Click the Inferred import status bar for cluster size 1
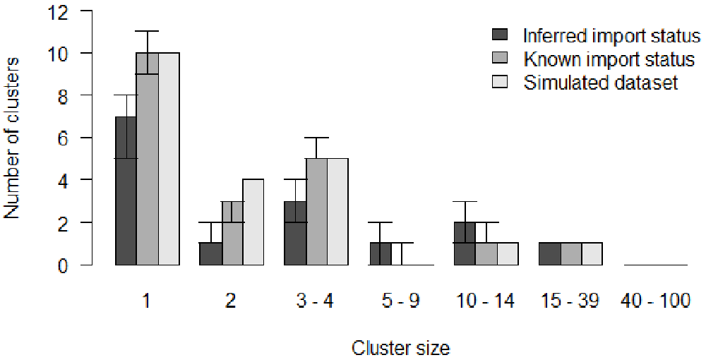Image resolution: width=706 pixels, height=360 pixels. [x=125, y=191]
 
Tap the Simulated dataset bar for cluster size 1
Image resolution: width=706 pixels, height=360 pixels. [x=169, y=159]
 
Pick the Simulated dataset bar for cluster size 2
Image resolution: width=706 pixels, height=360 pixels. [x=253, y=222]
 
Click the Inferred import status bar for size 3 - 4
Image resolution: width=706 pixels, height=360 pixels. [x=295, y=233]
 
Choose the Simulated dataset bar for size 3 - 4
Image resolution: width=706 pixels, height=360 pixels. [x=337, y=212]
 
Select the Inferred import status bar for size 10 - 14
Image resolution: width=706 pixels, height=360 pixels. [x=465, y=244]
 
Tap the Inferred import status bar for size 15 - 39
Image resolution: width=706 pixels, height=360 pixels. [x=549, y=254]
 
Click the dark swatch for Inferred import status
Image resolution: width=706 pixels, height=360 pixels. [x=500, y=35]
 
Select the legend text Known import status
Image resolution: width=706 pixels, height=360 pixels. [x=609, y=59]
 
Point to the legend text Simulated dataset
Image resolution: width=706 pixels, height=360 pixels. [x=600, y=83]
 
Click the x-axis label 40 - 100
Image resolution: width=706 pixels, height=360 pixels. [x=654, y=301]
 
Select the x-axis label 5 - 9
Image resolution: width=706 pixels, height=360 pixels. [x=400, y=301]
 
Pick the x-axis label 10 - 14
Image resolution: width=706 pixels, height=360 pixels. [x=485, y=301]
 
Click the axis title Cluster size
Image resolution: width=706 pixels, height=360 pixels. [x=400, y=348]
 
